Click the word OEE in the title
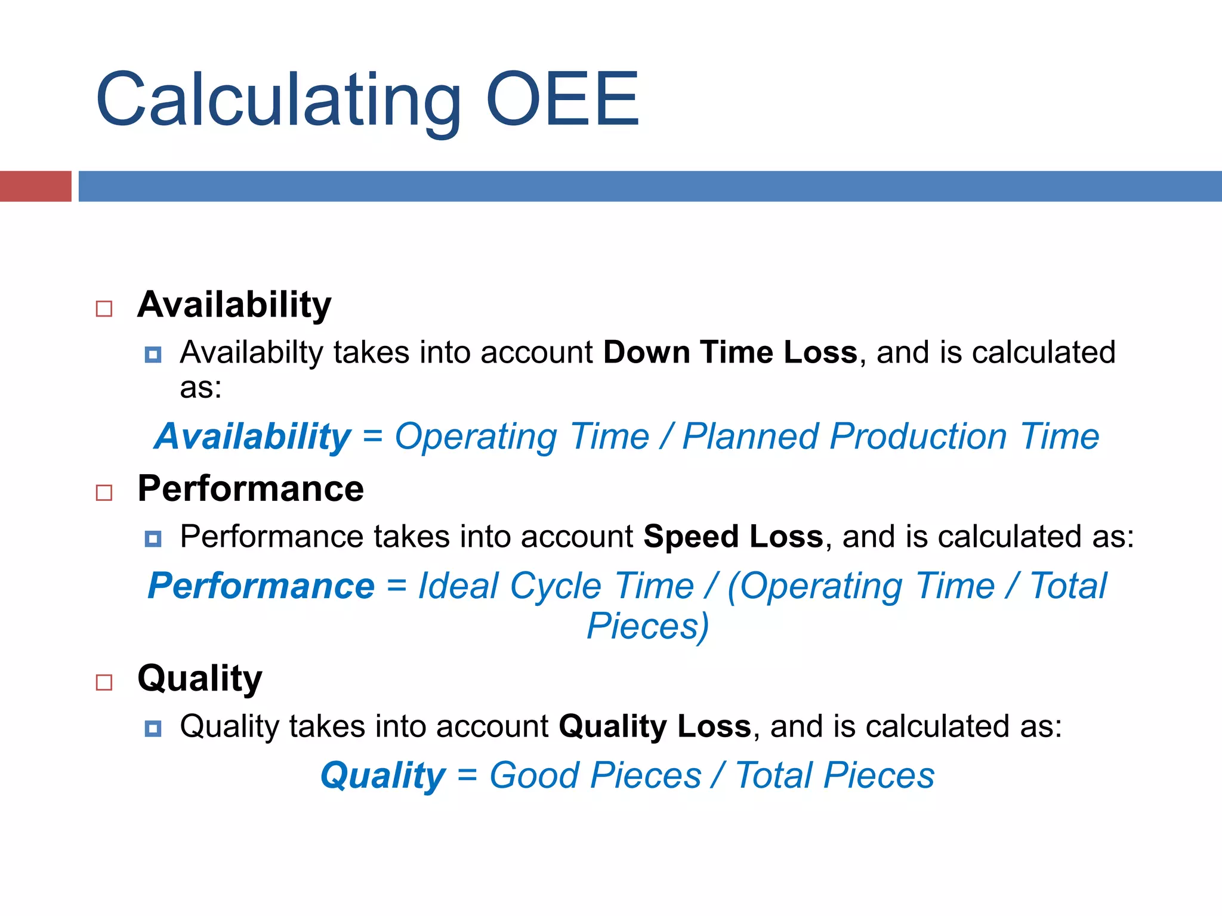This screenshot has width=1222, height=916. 563,100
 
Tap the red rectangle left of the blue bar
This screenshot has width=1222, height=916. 35,186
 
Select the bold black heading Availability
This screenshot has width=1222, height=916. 234,305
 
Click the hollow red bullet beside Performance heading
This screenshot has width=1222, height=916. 104,493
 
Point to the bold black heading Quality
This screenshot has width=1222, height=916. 199,679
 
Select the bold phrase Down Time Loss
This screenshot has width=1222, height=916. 730,352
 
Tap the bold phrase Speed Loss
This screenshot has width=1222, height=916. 733,536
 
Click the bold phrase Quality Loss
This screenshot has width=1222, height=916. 655,726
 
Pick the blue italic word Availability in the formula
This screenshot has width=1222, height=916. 253,437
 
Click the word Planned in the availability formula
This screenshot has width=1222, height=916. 749,437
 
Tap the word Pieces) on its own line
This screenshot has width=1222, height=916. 648,626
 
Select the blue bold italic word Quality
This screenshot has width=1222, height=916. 382,776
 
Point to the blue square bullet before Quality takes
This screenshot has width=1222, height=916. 153,728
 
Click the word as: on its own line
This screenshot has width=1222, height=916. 200,388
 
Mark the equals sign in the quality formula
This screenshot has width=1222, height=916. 467,776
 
